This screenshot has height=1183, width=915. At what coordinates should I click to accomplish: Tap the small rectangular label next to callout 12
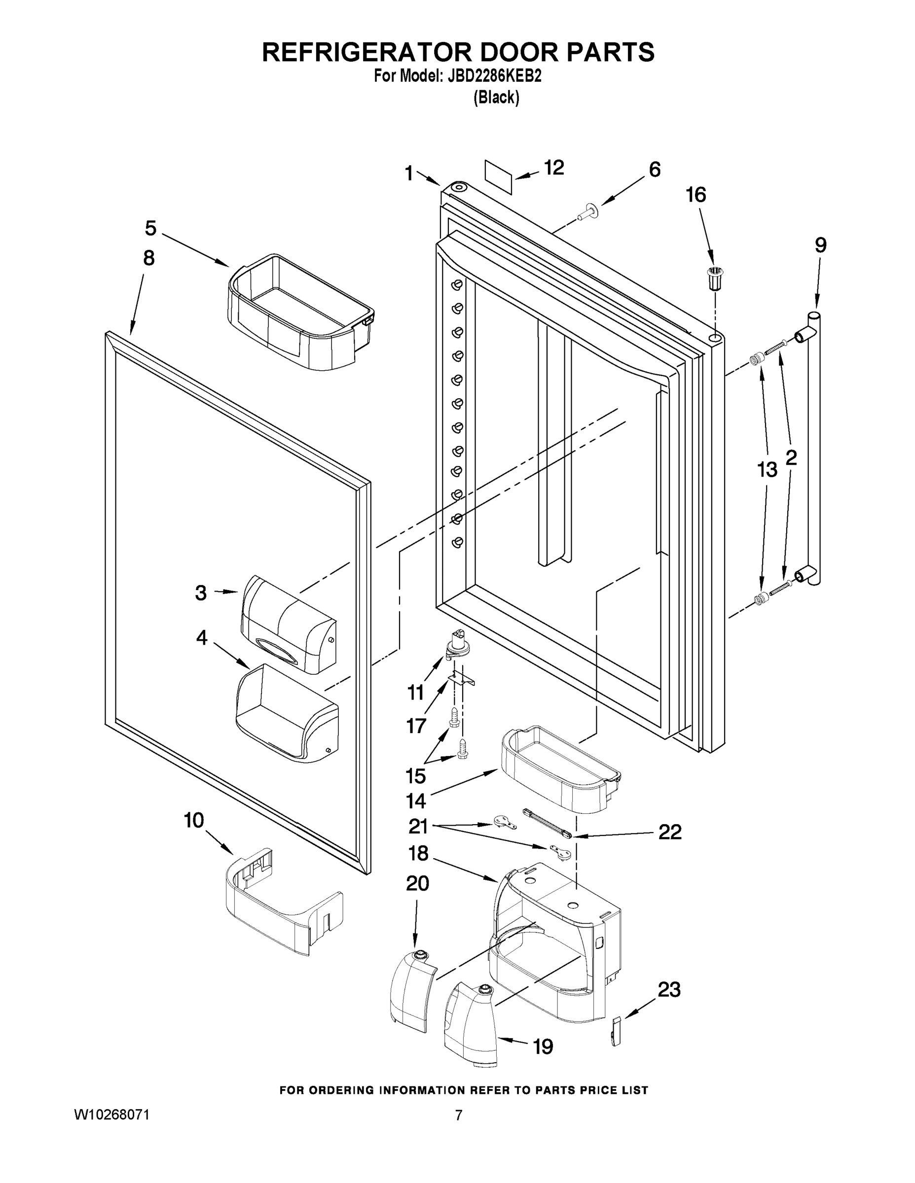498,176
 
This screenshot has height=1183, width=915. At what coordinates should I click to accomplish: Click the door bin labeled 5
301,314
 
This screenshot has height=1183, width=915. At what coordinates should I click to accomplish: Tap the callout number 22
669,832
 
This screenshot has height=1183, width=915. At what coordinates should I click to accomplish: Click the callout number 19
543,1046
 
